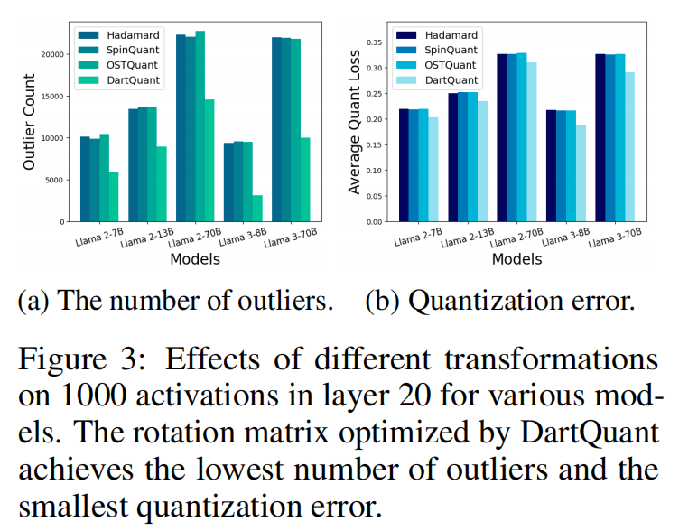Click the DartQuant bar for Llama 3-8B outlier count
pos(258,209)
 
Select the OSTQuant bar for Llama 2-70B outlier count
pos(200,126)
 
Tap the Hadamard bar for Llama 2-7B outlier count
pos(85,179)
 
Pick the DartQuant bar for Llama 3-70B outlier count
pos(305,180)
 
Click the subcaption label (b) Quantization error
pos(499,301)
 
